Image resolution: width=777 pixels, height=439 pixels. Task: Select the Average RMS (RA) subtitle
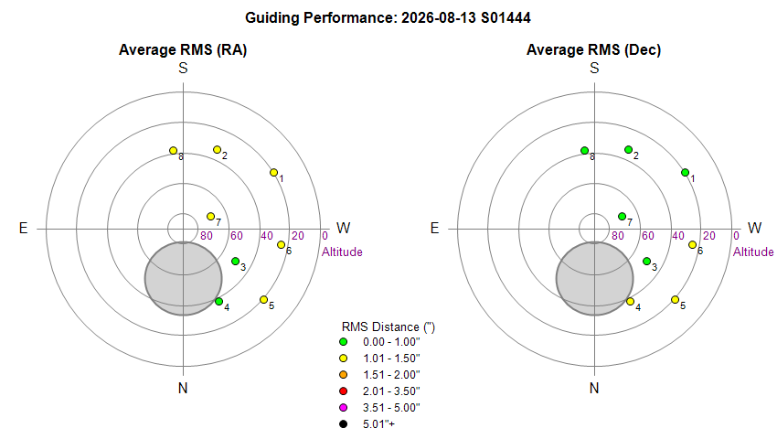click(x=183, y=49)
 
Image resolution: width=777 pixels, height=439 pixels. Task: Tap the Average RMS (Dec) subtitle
click(x=593, y=49)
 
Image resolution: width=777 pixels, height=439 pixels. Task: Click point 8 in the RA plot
click(x=174, y=150)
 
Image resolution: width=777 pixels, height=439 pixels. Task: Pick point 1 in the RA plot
click(x=273, y=173)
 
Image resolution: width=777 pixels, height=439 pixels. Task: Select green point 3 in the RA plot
click(x=235, y=261)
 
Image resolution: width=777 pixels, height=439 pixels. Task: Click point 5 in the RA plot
click(x=263, y=300)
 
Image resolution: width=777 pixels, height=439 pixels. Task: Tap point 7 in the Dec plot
click(x=622, y=216)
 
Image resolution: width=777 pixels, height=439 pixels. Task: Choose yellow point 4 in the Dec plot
click(x=631, y=301)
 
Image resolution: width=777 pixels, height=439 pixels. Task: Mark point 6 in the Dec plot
click(x=692, y=244)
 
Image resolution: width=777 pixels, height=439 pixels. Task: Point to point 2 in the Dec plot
click(x=628, y=149)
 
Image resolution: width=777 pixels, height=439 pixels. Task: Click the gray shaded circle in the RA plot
click(x=184, y=279)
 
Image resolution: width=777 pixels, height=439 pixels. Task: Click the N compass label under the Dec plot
click(x=594, y=388)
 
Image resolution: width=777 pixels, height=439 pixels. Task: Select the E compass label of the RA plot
click(x=23, y=228)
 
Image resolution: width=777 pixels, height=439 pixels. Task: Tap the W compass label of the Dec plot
click(x=754, y=228)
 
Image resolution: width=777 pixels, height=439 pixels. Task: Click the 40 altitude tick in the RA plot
click(x=267, y=236)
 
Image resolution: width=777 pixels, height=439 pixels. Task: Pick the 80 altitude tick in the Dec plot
click(x=617, y=236)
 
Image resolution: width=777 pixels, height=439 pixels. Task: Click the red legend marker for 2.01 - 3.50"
click(x=343, y=391)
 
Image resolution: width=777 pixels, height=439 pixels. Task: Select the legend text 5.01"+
click(x=378, y=424)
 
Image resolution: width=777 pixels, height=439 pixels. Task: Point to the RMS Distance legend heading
click(x=388, y=327)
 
